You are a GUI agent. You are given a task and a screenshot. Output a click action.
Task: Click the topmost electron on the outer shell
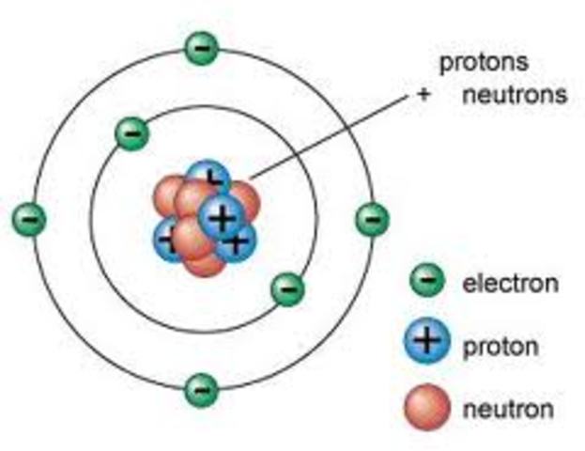point(201,47)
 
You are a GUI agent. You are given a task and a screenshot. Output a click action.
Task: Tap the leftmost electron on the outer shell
point(28,219)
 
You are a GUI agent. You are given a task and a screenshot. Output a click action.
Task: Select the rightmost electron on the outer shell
point(372,219)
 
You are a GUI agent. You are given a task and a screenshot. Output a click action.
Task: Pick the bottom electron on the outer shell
point(201,387)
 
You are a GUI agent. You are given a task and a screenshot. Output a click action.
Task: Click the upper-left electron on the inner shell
point(132,134)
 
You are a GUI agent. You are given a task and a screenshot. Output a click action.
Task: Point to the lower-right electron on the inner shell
point(287,288)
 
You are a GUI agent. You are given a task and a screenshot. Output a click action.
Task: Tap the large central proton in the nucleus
point(221,218)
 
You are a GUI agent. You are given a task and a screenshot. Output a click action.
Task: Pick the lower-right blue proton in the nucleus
point(239,241)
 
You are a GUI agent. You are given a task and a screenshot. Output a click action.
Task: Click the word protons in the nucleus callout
point(485,64)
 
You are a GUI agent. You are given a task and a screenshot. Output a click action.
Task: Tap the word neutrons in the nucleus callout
point(515,95)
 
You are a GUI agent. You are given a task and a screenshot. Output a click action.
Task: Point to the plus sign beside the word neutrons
point(424,96)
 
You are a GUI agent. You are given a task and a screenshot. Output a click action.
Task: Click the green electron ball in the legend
point(426,279)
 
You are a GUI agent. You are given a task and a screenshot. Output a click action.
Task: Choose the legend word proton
point(500,348)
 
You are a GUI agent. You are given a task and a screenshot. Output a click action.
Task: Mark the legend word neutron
point(508,410)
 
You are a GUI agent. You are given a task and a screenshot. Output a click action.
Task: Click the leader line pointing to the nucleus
point(329,135)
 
